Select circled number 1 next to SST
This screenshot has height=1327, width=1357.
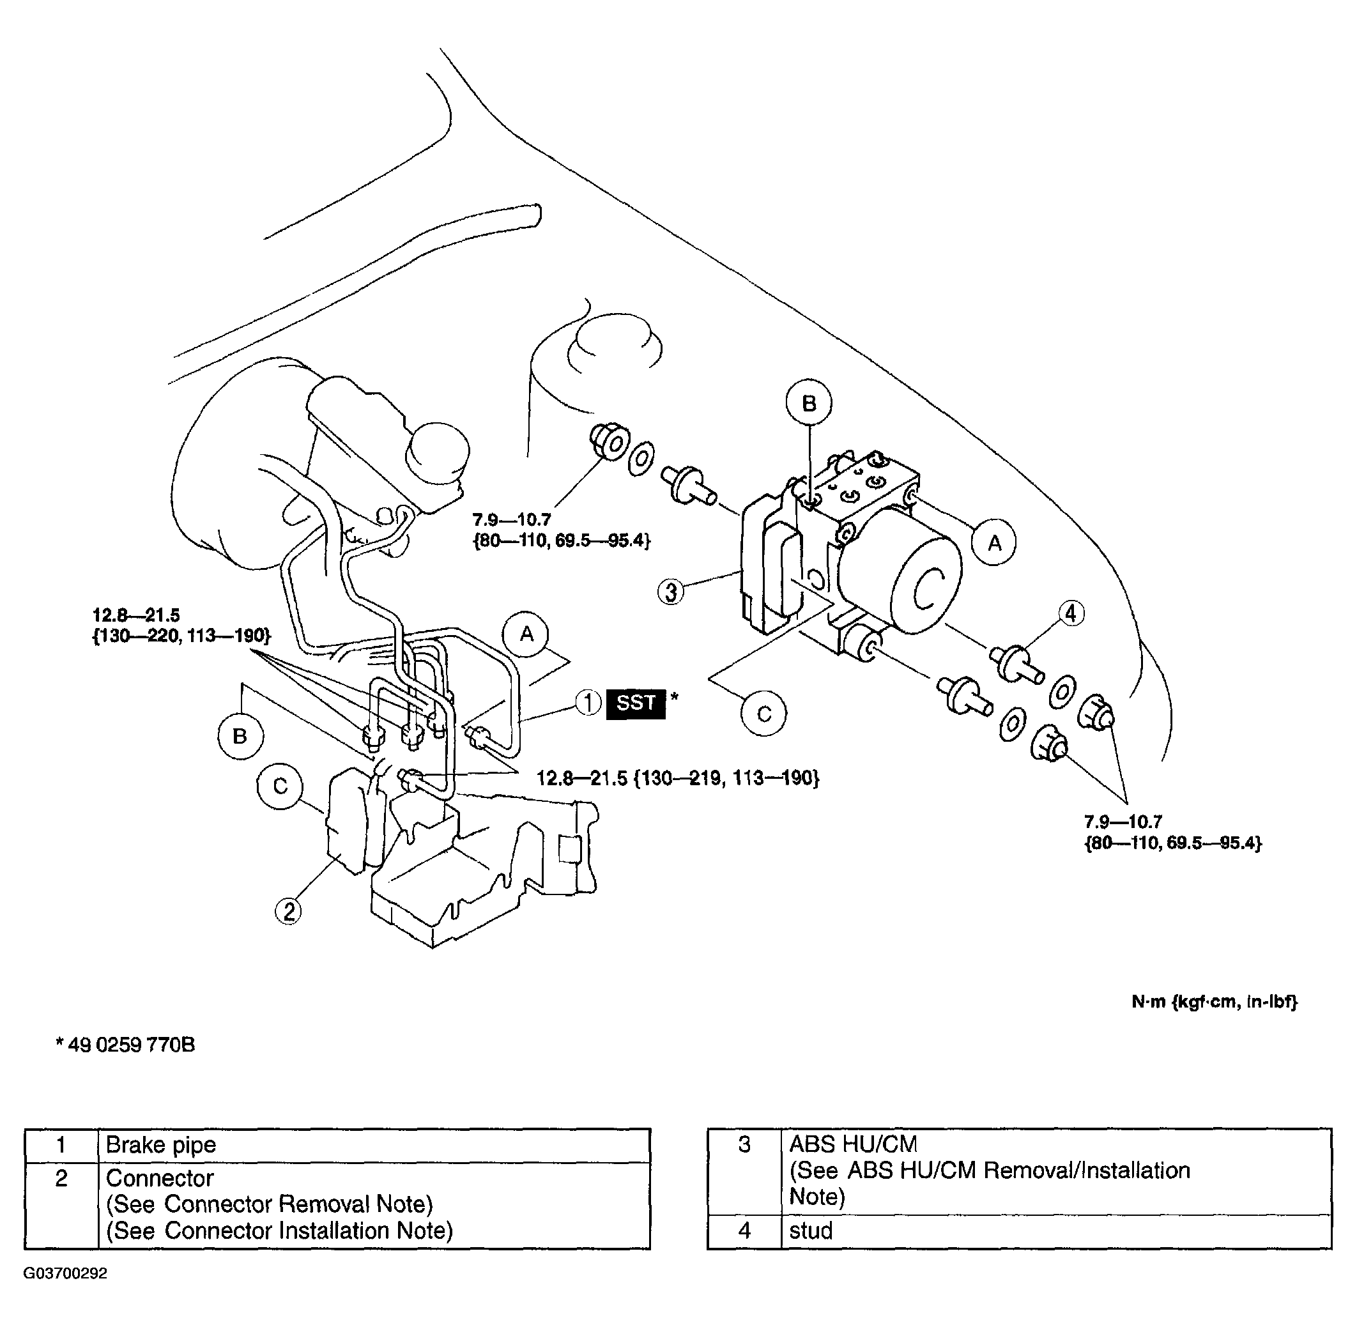[x=588, y=703]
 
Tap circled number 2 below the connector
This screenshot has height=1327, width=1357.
[x=289, y=911]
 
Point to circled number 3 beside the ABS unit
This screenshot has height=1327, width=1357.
[x=670, y=592]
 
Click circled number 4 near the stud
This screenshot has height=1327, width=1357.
[x=1071, y=613]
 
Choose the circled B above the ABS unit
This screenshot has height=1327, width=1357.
[x=808, y=403]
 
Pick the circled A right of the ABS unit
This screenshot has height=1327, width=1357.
[x=995, y=542]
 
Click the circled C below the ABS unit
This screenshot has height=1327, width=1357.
[x=764, y=714]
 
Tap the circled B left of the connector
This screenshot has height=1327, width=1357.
[x=240, y=736]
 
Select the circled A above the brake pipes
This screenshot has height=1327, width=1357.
[x=526, y=634]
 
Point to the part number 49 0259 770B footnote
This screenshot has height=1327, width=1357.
[x=125, y=1045]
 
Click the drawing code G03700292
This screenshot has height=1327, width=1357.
[x=66, y=1273]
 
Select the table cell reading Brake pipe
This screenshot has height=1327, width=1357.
[x=161, y=1144]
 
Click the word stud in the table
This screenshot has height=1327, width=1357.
[x=811, y=1230]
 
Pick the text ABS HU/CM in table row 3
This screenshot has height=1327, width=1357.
[x=853, y=1144]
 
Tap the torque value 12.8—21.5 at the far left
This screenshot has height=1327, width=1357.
[x=137, y=615]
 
